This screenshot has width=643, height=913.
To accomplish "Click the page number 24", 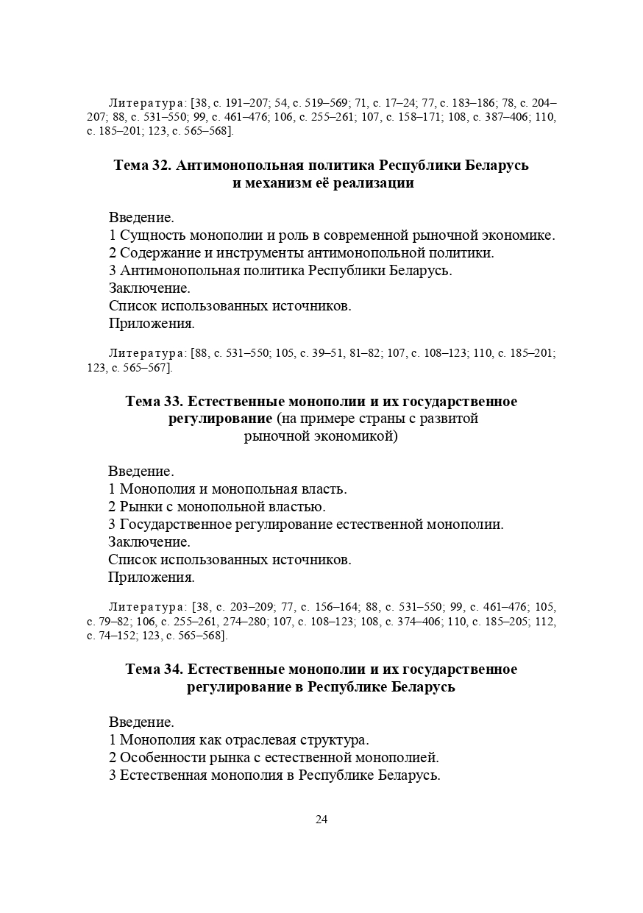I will pyautogui.click(x=321, y=820).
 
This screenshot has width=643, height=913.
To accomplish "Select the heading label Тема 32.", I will pyautogui.click(x=142, y=166).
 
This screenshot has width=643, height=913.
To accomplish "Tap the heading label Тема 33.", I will pyautogui.click(x=154, y=402).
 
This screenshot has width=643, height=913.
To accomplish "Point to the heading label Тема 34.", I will pyautogui.click(x=154, y=669).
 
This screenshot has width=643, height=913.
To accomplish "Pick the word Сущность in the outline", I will pyautogui.click(x=152, y=235).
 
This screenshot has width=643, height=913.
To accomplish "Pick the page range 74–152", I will pyautogui.click(x=113, y=636).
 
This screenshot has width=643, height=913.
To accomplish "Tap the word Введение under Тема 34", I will pyautogui.click(x=141, y=722).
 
